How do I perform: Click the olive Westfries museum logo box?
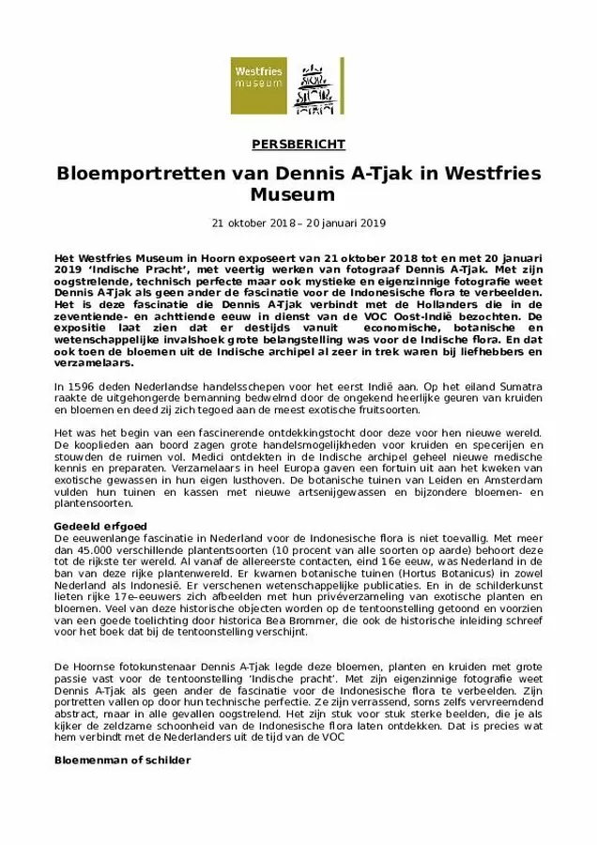click(x=259, y=85)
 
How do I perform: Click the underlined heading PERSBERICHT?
click(x=298, y=145)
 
